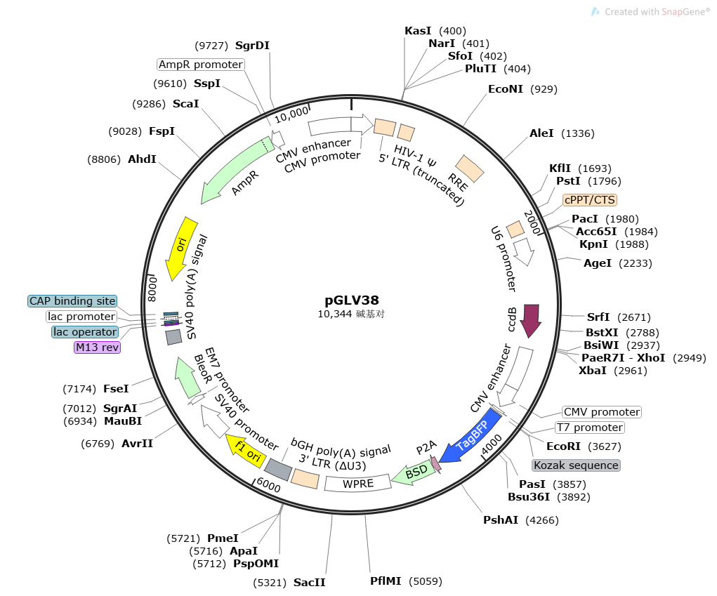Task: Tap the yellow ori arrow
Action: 180,249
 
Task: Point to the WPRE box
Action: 357,483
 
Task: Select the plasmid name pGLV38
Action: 351,300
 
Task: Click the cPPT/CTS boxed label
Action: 590,199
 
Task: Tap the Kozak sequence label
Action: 576,465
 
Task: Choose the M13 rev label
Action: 97,347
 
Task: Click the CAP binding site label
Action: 72,301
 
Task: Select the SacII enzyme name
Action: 309,583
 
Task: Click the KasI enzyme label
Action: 419,31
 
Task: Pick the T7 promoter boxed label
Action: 589,428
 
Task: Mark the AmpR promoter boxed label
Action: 200,65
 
